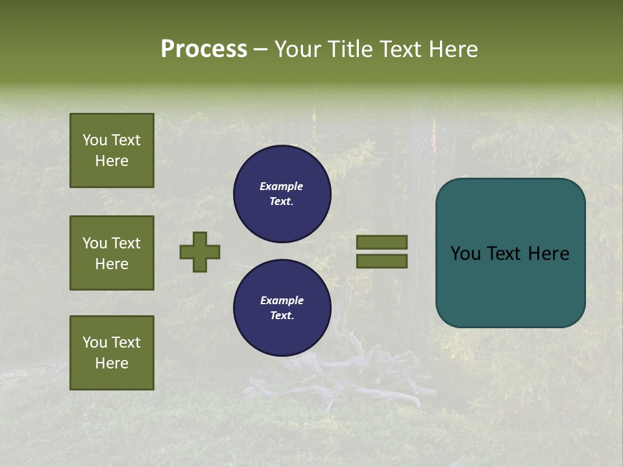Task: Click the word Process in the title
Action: pos(204,49)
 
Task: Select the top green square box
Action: pos(112,150)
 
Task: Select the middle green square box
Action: pos(112,253)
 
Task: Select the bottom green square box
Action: pos(112,353)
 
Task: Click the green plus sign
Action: pos(200,252)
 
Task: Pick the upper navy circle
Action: pos(282,194)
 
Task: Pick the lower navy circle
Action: pos(282,308)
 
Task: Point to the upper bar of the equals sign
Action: pos(382,242)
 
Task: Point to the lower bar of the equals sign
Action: pos(382,261)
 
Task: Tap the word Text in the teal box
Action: pos(510,254)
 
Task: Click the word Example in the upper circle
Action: pos(282,186)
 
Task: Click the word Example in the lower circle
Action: pos(282,300)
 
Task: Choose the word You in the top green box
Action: pos(95,140)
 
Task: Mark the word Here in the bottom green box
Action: pos(112,363)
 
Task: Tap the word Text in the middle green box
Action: pos(126,243)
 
